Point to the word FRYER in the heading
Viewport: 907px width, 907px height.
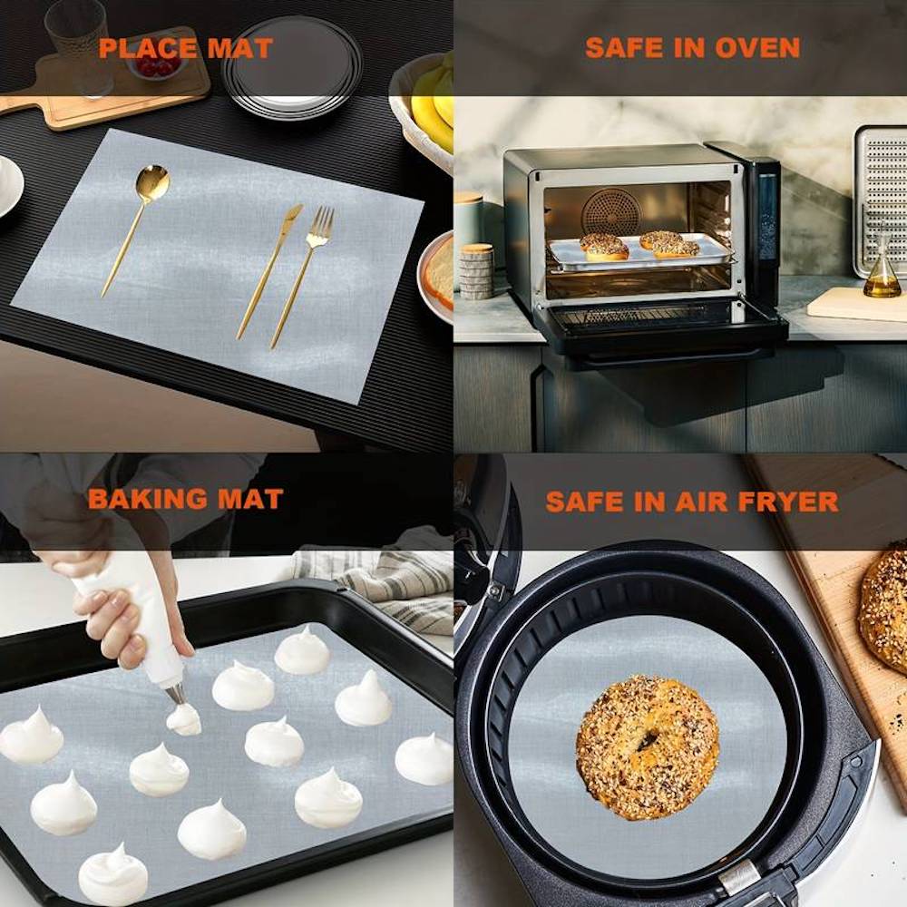[x=788, y=502]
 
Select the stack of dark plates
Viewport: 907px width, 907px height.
[x=292, y=66]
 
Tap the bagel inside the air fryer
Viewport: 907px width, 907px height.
[x=648, y=746]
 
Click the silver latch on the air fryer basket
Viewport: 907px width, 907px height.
[x=739, y=876]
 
